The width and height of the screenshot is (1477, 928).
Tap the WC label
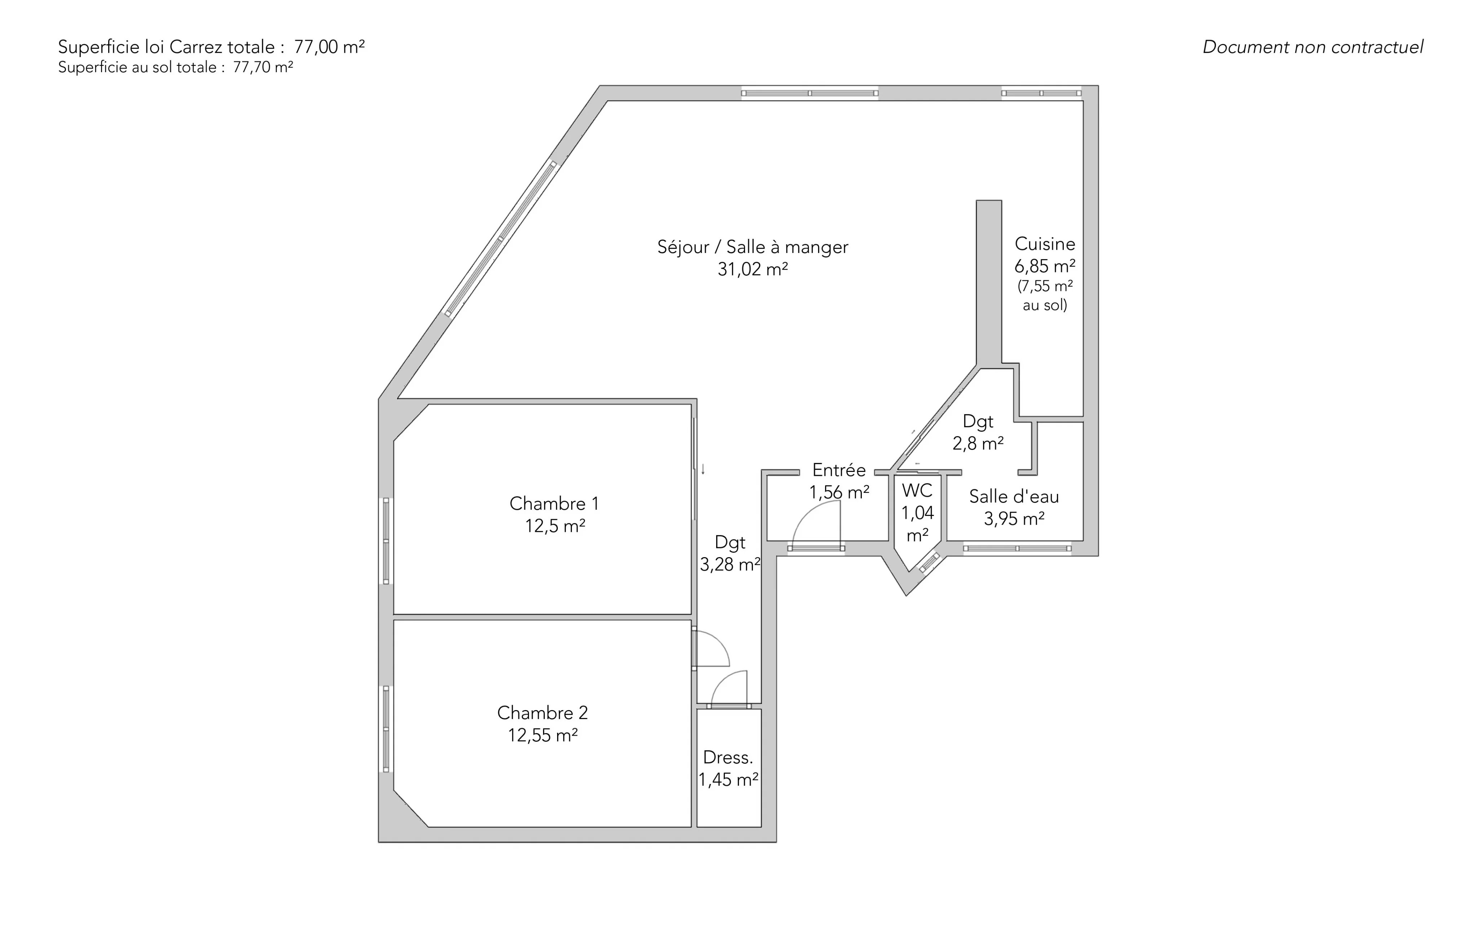(917, 490)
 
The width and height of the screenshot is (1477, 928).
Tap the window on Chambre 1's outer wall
(386, 541)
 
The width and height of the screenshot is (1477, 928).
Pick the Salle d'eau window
(1017, 548)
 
